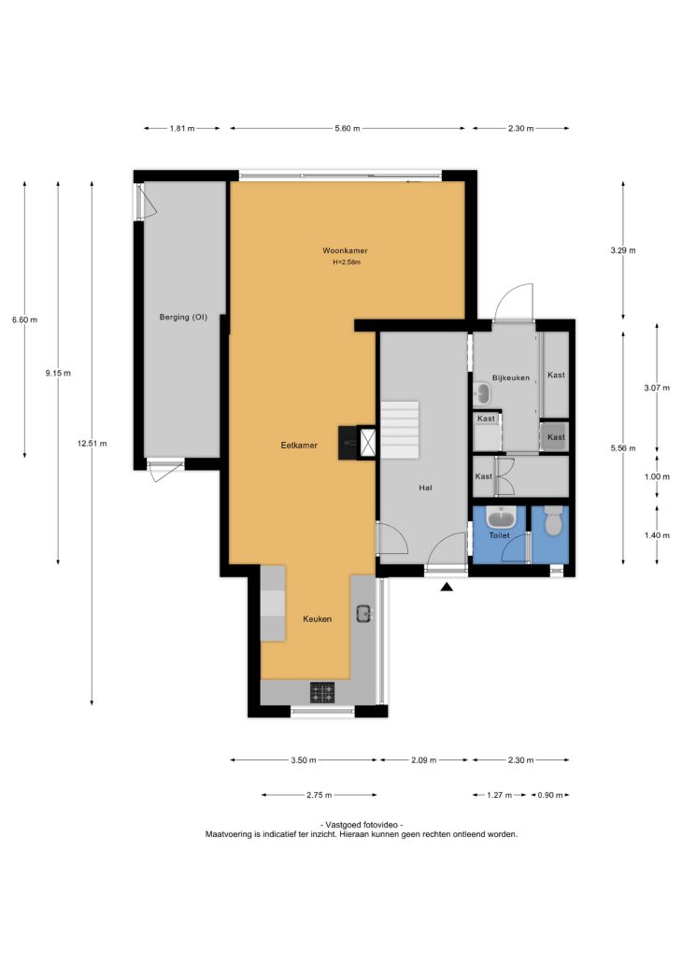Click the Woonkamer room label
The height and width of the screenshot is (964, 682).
pyautogui.click(x=345, y=251)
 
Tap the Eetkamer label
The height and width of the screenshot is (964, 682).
pyautogui.click(x=299, y=446)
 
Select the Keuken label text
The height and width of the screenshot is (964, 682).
pyautogui.click(x=318, y=619)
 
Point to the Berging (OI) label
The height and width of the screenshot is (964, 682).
pyautogui.click(x=183, y=318)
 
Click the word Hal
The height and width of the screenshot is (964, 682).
pyautogui.click(x=425, y=488)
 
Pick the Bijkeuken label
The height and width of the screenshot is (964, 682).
pyautogui.click(x=511, y=378)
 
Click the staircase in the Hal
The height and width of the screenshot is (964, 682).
pyautogui.click(x=400, y=430)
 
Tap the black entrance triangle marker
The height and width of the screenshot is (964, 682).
pyautogui.click(x=447, y=588)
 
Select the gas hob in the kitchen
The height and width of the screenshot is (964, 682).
pyautogui.click(x=322, y=693)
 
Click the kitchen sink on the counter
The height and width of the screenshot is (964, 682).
pyautogui.click(x=364, y=613)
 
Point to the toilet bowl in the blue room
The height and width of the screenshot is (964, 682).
pyautogui.click(x=554, y=520)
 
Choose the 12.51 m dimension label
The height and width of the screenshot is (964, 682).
pyautogui.click(x=92, y=444)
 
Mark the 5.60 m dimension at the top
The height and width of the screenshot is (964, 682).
pyautogui.click(x=348, y=129)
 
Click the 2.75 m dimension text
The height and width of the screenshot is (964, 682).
pyautogui.click(x=320, y=795)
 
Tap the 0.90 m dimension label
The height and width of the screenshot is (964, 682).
pyautogui.click(x=550, y=795)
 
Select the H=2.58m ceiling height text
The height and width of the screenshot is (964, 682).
pyautogui.click(x=347, y=262)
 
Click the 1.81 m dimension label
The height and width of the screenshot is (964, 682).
pyautogui.click(x=182, y=129)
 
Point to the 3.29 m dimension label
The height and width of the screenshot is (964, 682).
pyautogui.click(x=623, y=250)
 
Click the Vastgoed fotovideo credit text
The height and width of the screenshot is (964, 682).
pyautogui.click(x=362, y=825)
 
